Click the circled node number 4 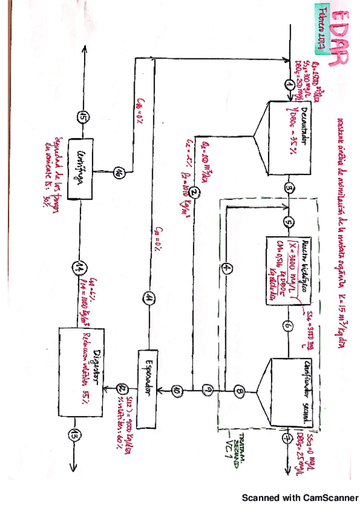tap(227, 268)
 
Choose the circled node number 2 tap(195, 193)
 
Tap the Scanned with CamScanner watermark tap(299, 498)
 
